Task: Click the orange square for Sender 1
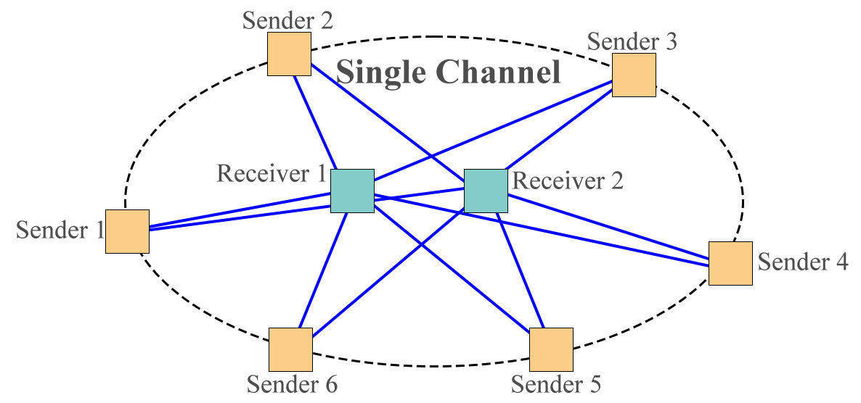(127, 231)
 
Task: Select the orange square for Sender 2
(289, 54)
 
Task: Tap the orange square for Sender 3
(634, 75)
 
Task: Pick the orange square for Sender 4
(730, 263)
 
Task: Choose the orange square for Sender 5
(551, 349)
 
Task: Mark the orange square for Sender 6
(290, 349)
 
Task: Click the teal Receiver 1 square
(352, 191)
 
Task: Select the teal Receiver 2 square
(485, 191)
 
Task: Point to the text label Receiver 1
(272, 174)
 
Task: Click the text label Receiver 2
(567, 180)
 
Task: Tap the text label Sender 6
(292, 383)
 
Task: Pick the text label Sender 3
(632, 42)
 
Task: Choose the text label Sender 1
(60, 230)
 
